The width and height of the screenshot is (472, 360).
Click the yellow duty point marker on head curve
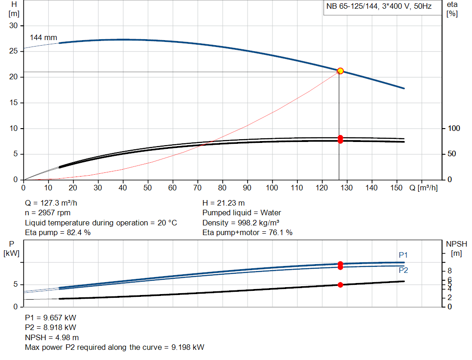pyautogui.click(x=340, y=71)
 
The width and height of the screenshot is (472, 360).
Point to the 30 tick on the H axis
pyautogui.click(x=14, y=26)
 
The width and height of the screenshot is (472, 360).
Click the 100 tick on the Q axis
pyautogui.click(x=272, y=188)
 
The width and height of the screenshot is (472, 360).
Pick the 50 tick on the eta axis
pyautogui.click(x=451, y=153)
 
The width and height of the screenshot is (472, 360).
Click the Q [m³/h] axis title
pyautogui.click(x=424, y=188)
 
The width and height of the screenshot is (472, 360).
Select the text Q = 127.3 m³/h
pyautogui.click(x=54, y=203)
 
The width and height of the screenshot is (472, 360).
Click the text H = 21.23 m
pyautogui.click(x=224, y=203)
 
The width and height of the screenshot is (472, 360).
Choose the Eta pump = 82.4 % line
pyautogui.click(x=58, y=232)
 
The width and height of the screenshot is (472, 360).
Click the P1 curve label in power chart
pyautogui.click(x=403, y=255)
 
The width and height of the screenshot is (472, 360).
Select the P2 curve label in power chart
pyautogui.click(x=403, y=270)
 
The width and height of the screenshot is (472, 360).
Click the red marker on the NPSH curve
pyautogui.click(x=340, y=285)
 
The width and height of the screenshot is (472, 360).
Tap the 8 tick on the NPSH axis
pyautogui.click(x=450, y=271)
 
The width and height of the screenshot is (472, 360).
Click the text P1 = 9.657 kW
pyautogui.click(x=51, y=318)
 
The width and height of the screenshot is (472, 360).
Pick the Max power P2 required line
pyautogui.click(x=114, y=347)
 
